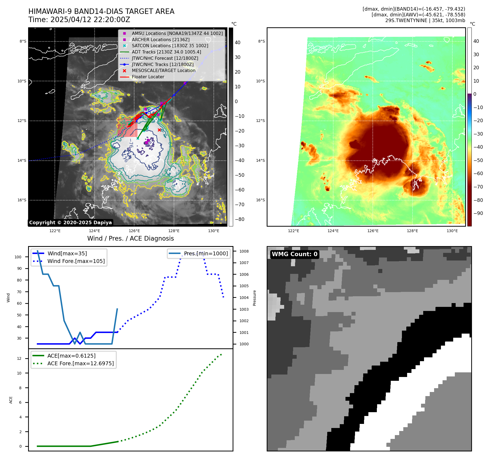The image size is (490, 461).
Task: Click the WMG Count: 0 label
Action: (x=294, y=254)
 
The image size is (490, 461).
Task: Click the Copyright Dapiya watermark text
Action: (x=70, y=223)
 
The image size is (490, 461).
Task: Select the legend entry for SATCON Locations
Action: (x=170, y=46)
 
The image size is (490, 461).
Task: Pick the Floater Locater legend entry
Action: (x=148, y=77)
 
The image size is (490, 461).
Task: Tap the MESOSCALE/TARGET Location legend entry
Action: (x=164, y=71)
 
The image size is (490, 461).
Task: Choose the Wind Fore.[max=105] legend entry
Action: (x=76, y=261)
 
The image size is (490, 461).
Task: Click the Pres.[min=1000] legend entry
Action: (x=206, y=253)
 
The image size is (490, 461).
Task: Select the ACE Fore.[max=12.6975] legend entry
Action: (x=80, y=363)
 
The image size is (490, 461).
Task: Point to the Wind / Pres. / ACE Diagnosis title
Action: (x=130, y=238)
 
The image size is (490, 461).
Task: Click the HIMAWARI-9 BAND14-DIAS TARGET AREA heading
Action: (x=101, y=11)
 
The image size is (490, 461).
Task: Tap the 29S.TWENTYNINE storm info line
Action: (x=425, y=20)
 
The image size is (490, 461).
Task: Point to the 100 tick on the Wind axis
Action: (x=18, y=257)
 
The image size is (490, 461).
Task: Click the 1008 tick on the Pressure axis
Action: (x=244, y=251)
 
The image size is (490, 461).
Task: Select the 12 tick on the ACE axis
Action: (x=19, y=358)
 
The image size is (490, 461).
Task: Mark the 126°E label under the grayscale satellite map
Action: (x=134, y=231)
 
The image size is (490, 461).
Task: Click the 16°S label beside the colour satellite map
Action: (x=260, y=200)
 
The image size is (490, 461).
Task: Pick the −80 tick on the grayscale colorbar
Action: (x=240, y=219)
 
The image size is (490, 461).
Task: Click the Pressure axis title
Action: (x=254, y=298)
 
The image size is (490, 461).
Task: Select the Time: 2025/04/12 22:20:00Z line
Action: (x=79, y=20)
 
